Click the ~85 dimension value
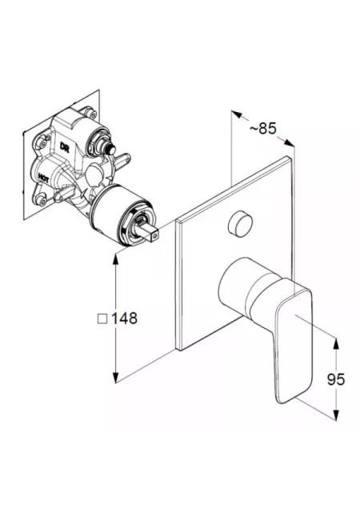click(x=263, y=128)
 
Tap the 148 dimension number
click(x=125, y=318)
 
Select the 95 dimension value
click(x=336, y=379)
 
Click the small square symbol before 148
click(x=102, y=318)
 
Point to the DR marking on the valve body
click(x=64, y=146)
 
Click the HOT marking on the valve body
click(x=43, y=177)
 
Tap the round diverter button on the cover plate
click(x=241, y=223)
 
